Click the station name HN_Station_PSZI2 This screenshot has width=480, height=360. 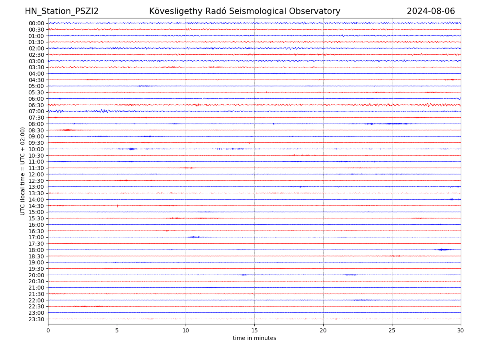coord(62,12)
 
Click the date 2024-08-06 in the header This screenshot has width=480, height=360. coord(431,12)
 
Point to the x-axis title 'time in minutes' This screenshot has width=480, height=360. coord(254,338)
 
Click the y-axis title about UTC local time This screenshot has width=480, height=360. coord(23,171)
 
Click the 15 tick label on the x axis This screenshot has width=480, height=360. coord(254,330)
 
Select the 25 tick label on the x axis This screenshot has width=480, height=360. coord(392,330)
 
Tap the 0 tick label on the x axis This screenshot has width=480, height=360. coord(48,330)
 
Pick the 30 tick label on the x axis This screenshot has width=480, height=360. coord(461,330)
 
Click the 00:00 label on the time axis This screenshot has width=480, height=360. coord(36,23)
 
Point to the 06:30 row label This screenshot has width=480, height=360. coord(36,105)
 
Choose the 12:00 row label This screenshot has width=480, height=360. coord(36,174)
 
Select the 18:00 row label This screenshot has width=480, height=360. coord(36,250)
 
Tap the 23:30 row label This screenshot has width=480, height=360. coord(36,319)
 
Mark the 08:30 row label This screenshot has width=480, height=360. coord(36,130)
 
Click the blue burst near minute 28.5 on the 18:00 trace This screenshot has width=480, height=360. coord(442,250)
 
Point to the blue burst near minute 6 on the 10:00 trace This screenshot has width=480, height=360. coord(131,149)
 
